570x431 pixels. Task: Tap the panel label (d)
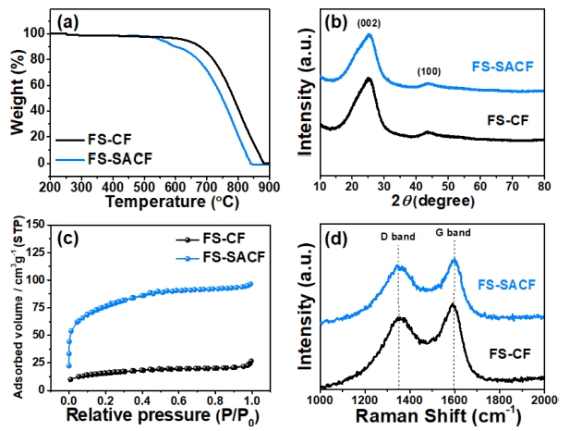[x=337, y=240]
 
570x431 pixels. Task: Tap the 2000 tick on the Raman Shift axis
[x=543, y=399]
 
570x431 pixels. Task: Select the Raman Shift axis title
[x=432, y=415]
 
